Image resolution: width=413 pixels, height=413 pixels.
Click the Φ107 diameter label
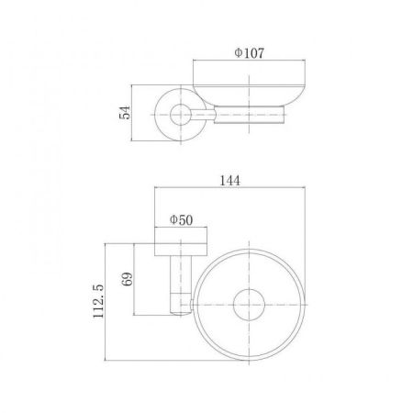[249, 53]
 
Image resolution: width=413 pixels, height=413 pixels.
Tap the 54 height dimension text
[125, 112]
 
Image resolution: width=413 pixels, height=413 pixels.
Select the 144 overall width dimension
[230, 181]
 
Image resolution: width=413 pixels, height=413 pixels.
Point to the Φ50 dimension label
[181, 220]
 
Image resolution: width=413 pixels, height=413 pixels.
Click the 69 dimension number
[128, 279]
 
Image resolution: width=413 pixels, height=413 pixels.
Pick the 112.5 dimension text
[98, 301]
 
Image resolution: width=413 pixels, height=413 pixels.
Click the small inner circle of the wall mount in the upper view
[181, 115]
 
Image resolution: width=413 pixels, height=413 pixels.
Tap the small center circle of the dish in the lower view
[249, 305]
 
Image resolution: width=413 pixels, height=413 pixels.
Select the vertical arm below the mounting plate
[181, 285]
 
